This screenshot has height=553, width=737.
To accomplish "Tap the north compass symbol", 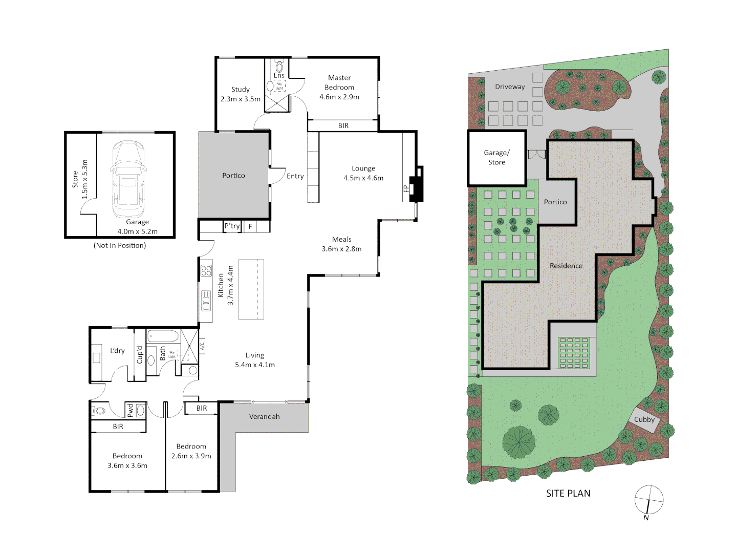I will (648, 500).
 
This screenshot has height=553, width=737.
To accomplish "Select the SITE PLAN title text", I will (568, 494).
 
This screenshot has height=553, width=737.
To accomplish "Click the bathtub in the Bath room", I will (163, 336).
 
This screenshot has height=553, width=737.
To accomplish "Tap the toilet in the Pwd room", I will (99, 410).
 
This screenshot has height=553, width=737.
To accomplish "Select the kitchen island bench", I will (251, 289).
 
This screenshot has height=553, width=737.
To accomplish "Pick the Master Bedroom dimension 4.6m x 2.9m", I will (339, 97).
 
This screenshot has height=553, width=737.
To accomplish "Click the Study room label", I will (240, 90).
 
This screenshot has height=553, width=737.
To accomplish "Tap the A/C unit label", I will (202, 346).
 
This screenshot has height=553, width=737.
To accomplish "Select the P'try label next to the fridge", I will (232, 226).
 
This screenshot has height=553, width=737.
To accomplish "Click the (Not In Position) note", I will (120, 246).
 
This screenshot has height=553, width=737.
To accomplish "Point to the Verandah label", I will (264, 417).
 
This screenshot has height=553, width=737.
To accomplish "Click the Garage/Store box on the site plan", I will (496, 158).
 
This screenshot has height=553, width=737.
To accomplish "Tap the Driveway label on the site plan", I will (510, 87).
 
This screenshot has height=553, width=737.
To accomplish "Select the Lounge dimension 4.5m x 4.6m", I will (363, 178).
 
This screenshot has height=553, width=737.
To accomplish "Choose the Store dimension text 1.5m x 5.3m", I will (85, 179).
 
